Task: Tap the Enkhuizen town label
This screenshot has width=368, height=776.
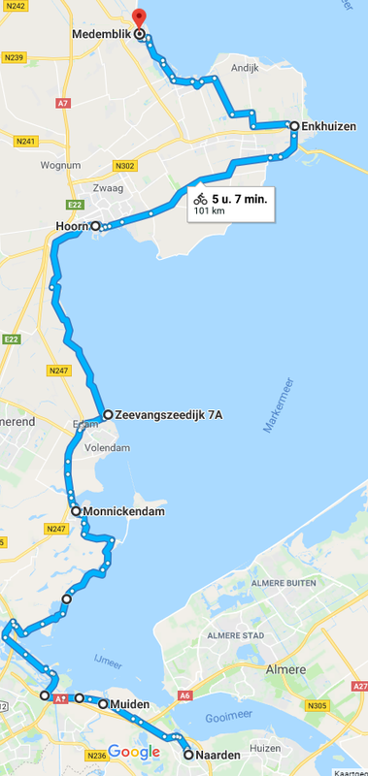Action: click(329, 125)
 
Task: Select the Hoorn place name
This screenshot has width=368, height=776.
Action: click(72, 226)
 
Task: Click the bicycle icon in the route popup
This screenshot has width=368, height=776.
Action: click(200, 198)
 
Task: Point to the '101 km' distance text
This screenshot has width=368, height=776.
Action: click(211, 210)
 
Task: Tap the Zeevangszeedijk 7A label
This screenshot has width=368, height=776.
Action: click(168, 415)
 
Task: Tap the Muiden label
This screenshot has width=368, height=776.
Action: click(129, 704)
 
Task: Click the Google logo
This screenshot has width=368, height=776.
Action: click(134, 752)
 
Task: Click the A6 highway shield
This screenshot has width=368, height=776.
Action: click(184, 695)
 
